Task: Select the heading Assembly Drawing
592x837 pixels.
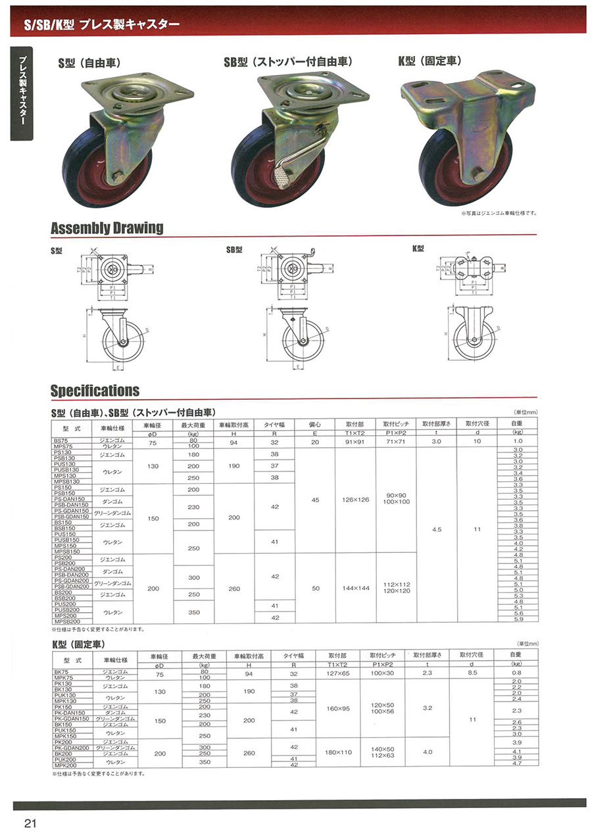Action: point(107,228)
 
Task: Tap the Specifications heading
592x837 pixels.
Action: point(95,391)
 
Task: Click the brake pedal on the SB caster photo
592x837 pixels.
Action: point(285,177)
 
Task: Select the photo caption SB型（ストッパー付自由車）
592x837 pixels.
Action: point(288,62)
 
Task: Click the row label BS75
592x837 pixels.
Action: point(63,439)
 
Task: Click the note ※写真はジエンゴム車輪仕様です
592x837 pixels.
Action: point(499,213)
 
